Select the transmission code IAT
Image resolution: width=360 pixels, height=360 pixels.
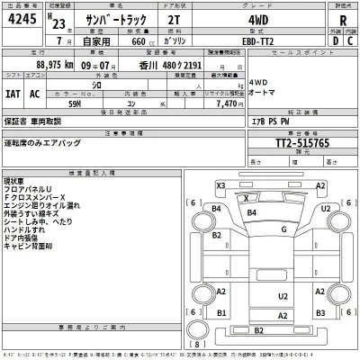click(15, 93)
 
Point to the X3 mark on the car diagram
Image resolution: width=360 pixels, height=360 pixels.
click(220, 184)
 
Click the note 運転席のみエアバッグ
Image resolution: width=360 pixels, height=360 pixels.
click(43, 143)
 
